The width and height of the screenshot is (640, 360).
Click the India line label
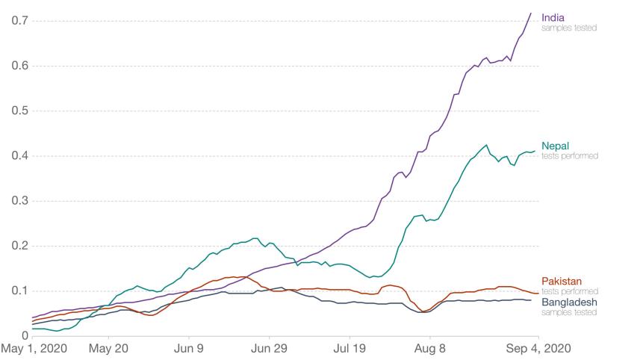(553, 17)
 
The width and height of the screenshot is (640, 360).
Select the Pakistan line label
(562, 281)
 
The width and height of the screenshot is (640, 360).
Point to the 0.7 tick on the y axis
(19, 20)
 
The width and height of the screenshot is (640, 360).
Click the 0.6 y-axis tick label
(19, 66)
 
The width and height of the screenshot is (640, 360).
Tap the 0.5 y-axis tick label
(19, 111)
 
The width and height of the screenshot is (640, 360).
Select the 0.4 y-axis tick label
(19, 156)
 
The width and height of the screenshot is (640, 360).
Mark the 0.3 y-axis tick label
(19, 201)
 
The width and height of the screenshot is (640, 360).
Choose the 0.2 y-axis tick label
(19, 246)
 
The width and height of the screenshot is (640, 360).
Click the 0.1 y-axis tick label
(19, 291)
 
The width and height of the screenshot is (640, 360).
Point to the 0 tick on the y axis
(25, 336)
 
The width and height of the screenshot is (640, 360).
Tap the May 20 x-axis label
(109, 350)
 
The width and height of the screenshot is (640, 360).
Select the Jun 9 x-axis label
(189, 350)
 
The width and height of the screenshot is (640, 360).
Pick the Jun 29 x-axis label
(269, 350)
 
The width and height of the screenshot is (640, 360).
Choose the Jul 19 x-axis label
(349, 350)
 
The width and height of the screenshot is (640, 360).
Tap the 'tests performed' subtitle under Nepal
(570, 155)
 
